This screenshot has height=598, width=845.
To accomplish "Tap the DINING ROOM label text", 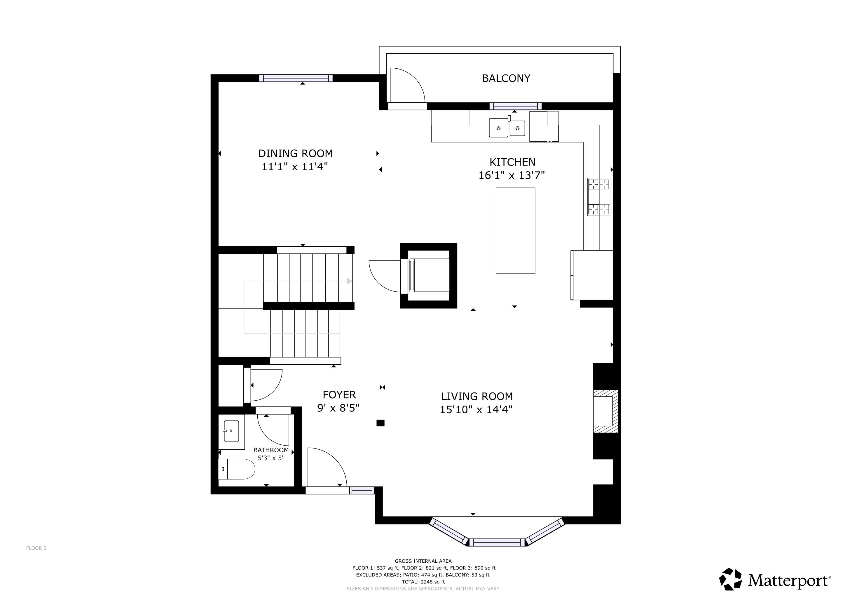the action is coord(296,154).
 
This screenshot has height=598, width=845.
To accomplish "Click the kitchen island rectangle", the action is coord(515,231).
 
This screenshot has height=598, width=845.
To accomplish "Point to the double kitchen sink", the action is coord(507,127).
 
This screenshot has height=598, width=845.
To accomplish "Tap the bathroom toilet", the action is coord(236,469).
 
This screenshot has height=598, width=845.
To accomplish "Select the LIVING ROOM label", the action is coord(477,397).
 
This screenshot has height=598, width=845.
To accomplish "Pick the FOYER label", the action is coord(339,395).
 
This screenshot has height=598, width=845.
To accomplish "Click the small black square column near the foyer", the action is coord(380,423).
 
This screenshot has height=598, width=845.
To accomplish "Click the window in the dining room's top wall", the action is coord(296,78).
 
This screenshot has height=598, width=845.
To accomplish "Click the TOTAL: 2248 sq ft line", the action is coord(423,582).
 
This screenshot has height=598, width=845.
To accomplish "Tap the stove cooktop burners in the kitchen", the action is coord(599,197).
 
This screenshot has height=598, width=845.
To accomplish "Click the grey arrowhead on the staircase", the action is coord(350,281).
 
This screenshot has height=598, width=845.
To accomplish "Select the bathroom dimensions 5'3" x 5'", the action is coord(270,458).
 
